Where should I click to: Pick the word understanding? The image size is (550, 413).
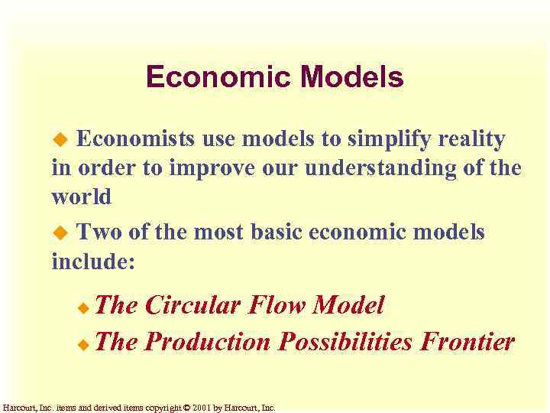(391, 168)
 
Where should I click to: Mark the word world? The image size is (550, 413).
(81, 196)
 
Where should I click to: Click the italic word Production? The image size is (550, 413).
(207, 341)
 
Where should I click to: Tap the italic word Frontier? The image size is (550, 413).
(467, 341)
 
